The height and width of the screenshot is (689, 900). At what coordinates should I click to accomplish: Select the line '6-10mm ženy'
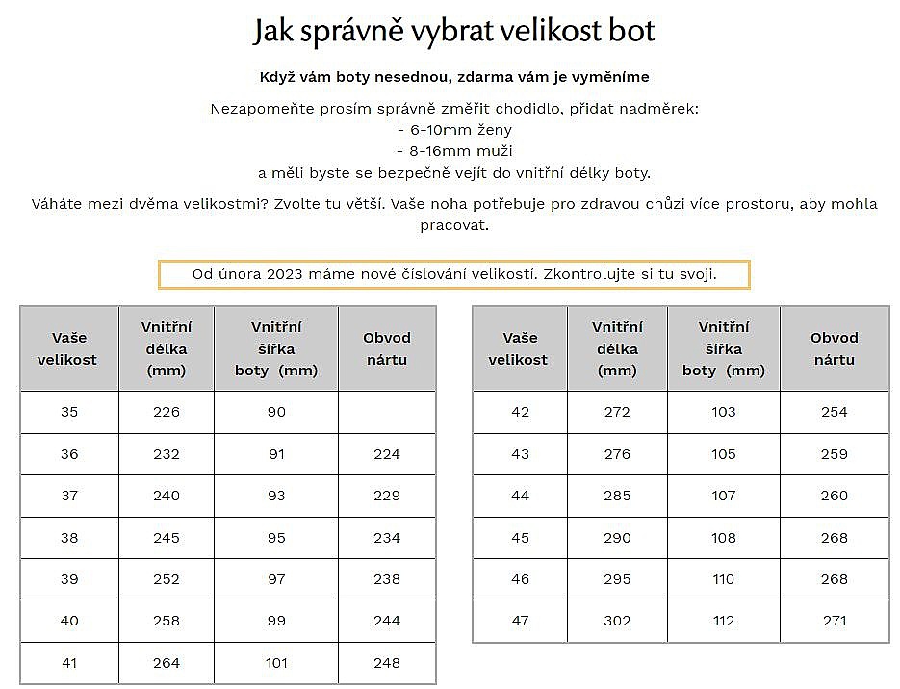coord(454,130)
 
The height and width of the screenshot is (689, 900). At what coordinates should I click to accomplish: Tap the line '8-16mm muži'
coord(454,151)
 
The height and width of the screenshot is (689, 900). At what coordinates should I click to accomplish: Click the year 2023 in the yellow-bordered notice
coord(286,274)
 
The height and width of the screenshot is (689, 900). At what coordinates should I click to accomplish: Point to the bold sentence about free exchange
coord(454,77)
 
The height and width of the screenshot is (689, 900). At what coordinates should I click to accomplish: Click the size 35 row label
coord(69,412)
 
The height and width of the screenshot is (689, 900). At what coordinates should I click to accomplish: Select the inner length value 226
coord(167,412)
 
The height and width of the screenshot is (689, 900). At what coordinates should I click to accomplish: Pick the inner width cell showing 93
coord(276,496)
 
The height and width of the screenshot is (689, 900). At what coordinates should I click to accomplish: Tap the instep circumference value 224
coord(387,454)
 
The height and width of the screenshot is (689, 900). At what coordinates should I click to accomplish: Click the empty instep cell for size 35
coord(387,412)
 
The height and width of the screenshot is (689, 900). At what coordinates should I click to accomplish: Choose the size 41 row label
coord(69,663)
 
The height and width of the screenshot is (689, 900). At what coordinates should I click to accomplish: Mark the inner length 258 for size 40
coord(167,621)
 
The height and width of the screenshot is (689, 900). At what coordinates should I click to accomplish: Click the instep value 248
coord(387,663)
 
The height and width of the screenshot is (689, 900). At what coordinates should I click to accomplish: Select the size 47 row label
coord(520,621)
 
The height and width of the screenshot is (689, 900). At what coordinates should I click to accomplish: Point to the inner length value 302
coord(617,621)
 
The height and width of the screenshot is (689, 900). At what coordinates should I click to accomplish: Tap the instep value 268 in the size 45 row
coord(835,538)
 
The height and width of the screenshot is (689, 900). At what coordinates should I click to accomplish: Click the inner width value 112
coord(724,621)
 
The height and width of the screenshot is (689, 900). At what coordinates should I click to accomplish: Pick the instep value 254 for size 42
coord(835,412)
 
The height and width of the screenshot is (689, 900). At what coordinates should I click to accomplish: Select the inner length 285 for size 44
coord(617,496)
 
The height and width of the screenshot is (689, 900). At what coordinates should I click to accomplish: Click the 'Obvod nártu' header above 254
coord(835,348)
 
